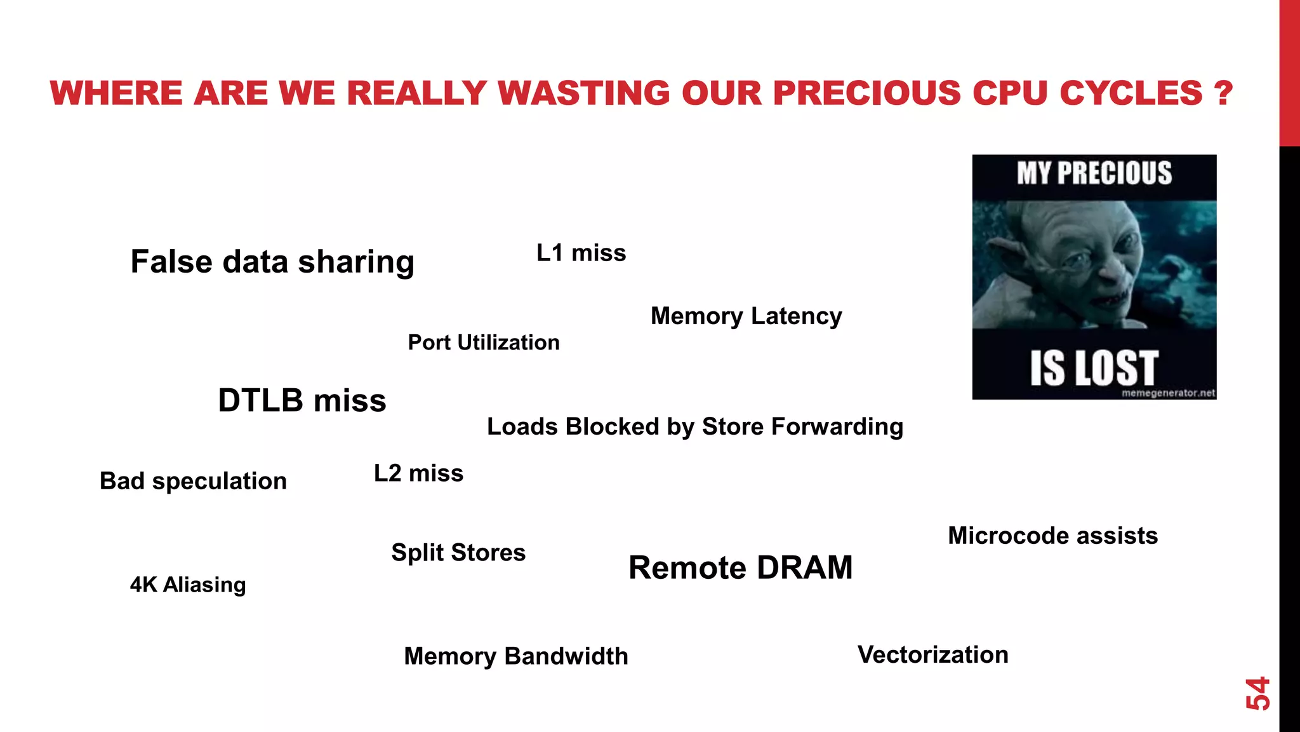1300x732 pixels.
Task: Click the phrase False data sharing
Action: click(272, 262)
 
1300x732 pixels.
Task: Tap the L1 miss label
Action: click(581, 253)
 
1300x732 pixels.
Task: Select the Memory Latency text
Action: click(746, 316)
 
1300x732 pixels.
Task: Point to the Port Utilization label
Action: click(484, 342)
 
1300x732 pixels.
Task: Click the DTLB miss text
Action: click(302, 400)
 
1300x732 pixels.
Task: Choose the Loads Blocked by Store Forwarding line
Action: click(695, 426)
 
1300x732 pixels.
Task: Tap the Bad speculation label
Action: click(193, 481)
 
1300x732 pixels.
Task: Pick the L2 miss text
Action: click(418, 473)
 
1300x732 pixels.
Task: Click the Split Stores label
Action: click(458, 552)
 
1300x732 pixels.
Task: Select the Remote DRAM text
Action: click(740, 567)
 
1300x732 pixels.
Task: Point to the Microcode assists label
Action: click(1052, 536)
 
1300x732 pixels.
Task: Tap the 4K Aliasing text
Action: click(188, 585)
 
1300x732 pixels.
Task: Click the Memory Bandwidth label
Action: click(516, 656)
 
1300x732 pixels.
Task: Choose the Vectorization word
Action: click(932, 654)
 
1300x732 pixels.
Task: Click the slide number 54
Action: click(1257, 693)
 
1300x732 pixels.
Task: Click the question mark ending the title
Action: click(1222, 93)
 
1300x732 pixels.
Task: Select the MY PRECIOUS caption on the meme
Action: click(1094, 173)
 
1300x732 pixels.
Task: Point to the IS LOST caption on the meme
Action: click(1094, 368)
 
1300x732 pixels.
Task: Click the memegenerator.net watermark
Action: click(1168, 393)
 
